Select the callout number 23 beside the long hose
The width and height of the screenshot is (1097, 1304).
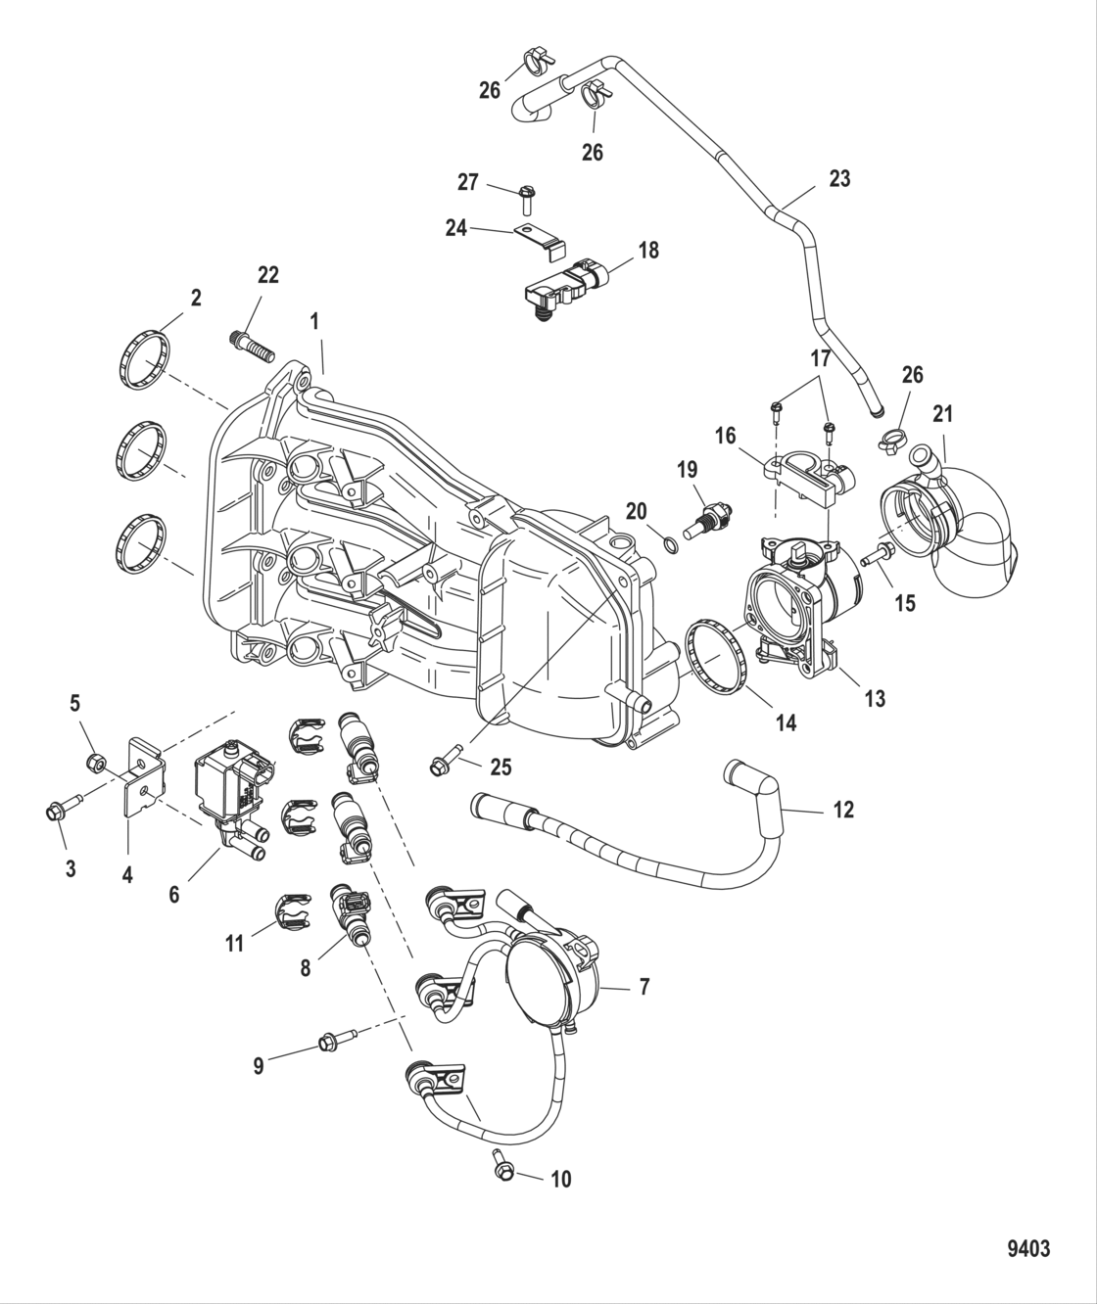tap(839, 178)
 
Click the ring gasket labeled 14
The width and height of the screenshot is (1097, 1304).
tap(718, 651)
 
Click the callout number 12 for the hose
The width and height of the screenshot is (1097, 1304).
tap(843, 810)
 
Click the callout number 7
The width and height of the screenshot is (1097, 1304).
tap(644, 987)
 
